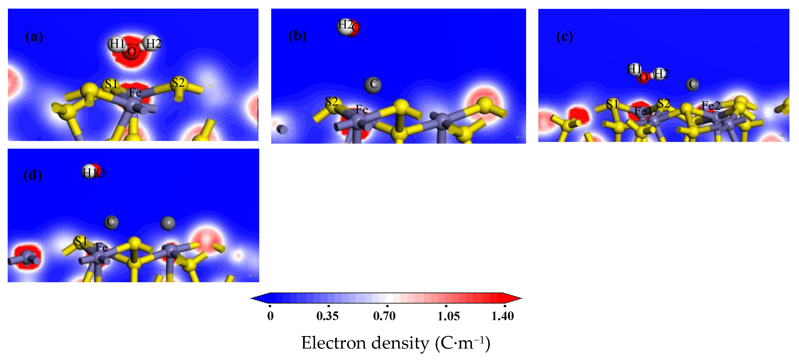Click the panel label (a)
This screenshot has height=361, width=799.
coord(34,37)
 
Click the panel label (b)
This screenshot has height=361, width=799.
coord(297,36)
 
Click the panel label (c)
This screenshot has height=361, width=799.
coord(564,37)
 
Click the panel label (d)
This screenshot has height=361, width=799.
coord(33,175)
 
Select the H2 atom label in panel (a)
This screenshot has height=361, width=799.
coord(153,44)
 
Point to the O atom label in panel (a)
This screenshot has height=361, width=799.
coord(132,52)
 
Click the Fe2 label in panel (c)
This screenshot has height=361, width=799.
coord(711,106)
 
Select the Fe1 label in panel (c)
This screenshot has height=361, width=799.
coord(643,111)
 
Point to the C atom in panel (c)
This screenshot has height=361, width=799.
coord(693,84)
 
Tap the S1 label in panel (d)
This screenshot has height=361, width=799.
coord(81,241)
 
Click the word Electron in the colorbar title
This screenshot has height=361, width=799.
coord(334,343)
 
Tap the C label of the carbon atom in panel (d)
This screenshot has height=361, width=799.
coord(111,222)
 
